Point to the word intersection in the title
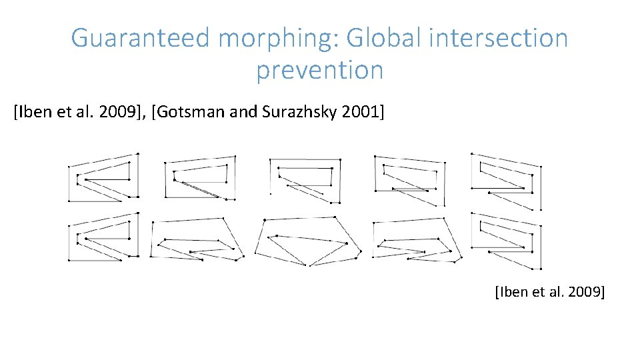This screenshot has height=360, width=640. coord(499,39)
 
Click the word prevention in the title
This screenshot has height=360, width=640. coord(320,70)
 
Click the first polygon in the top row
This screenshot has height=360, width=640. coord(103,177)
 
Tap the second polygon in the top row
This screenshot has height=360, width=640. coord(200,177)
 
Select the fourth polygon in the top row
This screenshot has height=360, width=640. coord(409,180)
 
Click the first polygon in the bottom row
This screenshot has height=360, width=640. coord(103,237)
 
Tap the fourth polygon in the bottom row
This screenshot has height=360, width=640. coord(417,240)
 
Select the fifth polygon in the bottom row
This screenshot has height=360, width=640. coord(507,240)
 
